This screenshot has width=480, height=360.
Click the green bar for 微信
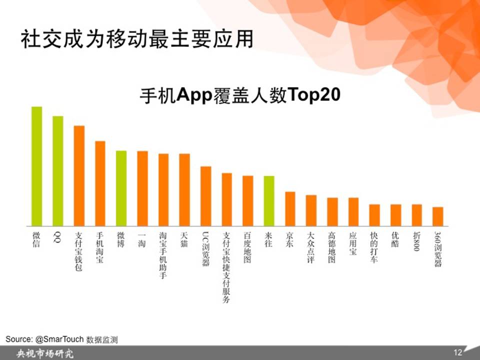pyautogui.click(x=36, y=166)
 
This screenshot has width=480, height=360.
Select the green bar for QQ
pyautogui.click(x=58, y=171)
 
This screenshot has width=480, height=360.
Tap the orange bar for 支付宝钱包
pyautogui.click(x=79, y=176)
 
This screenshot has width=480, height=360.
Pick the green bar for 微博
pyautogui.click(x=121, y=188)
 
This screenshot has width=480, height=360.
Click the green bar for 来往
pyautogui.click(x=269, y=201)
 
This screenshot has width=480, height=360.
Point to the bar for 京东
pyautogui.click(x=290, y=209)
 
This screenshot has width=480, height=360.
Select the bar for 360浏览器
pyautogui.click(x=438, y=216)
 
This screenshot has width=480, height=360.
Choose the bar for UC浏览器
pyautogui.click(x=205, y=196)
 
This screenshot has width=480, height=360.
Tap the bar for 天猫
pyautogui.click(x=184, y=190)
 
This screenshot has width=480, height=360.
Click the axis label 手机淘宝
pyautogui.click(x=100, y=247)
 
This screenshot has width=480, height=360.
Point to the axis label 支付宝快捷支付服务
pyautogui.click(x=226, y=267)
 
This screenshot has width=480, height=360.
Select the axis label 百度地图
pyautogui.click(x=247, y=247)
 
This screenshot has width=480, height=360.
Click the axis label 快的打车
pyautogui.click(x=374, y=247)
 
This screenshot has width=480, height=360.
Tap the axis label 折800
pyautogui.click(x=416, y=241)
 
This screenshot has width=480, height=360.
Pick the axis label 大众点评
pyautogui.click(x=310, y=247)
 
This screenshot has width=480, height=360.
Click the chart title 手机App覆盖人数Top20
pyautogui.click(x=240, y=95)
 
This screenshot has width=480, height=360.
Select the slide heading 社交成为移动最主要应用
pyautogui.click(x=137, y=39)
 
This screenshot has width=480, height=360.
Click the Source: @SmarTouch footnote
pyautogui.click(x=61, y=339)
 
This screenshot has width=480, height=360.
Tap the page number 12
pyautogui.click(x=457, y=352)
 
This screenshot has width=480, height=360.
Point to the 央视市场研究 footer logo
pyautogui.click(x=45, y=353)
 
